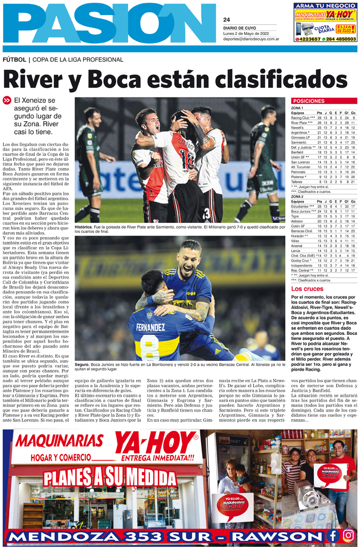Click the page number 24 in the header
pos(226,20)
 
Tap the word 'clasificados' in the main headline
pos(264,79)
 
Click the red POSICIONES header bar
pos(323,101)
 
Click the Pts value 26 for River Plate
pos(319,123)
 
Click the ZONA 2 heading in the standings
pos(298,196)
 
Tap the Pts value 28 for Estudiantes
pos(319,207)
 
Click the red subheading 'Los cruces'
pos(306,289)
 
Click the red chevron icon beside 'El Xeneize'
pos(7,100)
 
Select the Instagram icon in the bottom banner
pos(348,535)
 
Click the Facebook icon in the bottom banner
pos(333,535)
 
